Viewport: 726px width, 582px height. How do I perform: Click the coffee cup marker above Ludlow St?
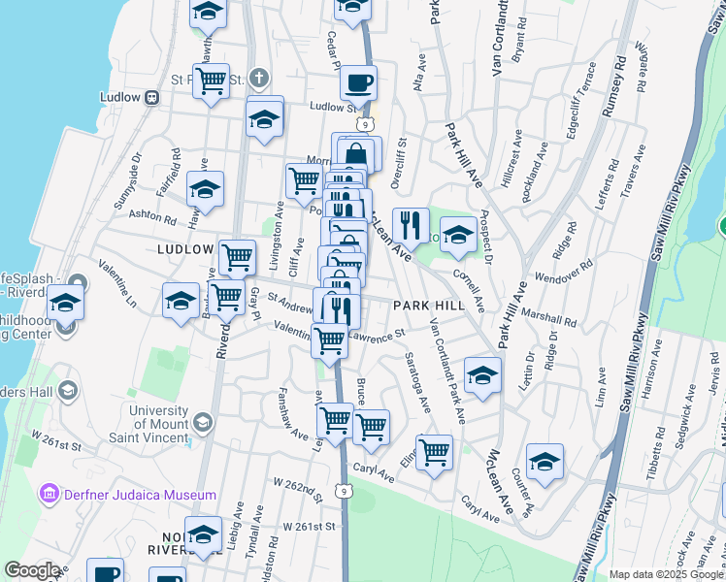pos(359,82)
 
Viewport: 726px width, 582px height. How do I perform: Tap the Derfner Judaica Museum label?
pos(140,495)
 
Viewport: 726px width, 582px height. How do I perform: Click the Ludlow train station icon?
pos(151,97)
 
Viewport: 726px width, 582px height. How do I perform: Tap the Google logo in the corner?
pos(32,570)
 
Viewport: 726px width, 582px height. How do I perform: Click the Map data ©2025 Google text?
pos(665,574)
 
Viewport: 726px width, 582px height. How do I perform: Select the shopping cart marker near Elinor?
pos(434,451)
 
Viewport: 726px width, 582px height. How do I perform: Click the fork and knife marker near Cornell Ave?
pos(411,226)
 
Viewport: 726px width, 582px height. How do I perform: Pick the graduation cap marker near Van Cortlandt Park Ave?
pos(482,375)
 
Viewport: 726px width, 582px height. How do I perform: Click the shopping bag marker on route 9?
pos(356,152)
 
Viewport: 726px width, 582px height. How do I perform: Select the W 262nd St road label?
pos(297,483)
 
